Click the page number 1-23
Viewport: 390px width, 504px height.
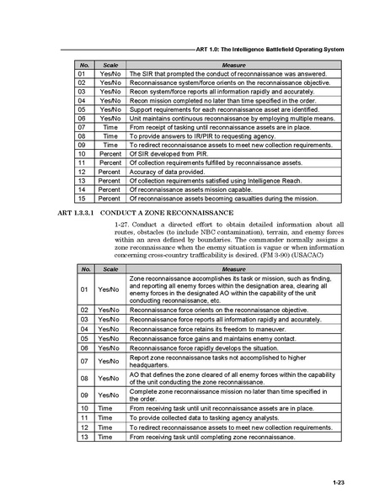click(339, 482)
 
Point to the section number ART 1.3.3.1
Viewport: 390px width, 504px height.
click(79, 213)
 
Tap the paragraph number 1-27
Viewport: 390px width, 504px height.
click(122, 225)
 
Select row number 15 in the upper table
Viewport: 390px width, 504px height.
click(83, 198)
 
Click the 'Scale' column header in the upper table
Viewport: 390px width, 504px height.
click(110, 65)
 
